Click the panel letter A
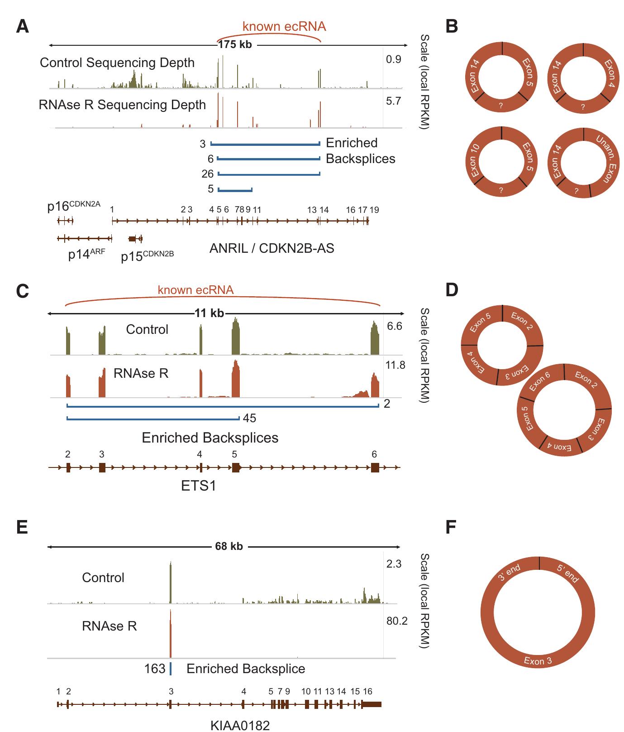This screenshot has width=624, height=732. click(x=22, y=27)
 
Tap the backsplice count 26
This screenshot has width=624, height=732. click(x=207, y=174)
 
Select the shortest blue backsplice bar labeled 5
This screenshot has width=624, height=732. click(x=235, y=189)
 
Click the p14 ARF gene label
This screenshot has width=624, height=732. click(x=86, y=255)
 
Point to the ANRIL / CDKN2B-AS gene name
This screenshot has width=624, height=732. click(x=272, y=248)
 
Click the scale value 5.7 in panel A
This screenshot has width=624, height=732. click(x=393, y=101)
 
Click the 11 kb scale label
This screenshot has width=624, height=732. click(x=209, y=313)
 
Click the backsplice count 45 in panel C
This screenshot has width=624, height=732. click(x=249, y=418)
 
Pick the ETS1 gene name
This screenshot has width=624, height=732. click(x=198, y=486)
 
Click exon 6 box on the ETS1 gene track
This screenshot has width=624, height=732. click(x=375, y=468)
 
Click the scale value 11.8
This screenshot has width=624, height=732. click(x=395, y=365)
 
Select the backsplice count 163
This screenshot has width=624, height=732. click(x=155, y=669)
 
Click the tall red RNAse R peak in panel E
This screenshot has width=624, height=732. click(x=171, y=634)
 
